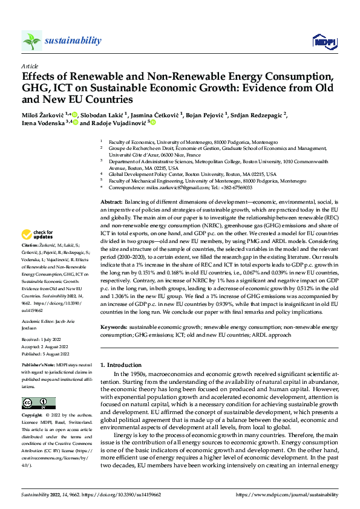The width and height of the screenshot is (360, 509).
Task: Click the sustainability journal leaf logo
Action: click(32, 41)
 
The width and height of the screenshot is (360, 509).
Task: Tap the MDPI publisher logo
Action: click(321, 41)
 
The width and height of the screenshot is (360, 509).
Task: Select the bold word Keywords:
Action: click(116, 326)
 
